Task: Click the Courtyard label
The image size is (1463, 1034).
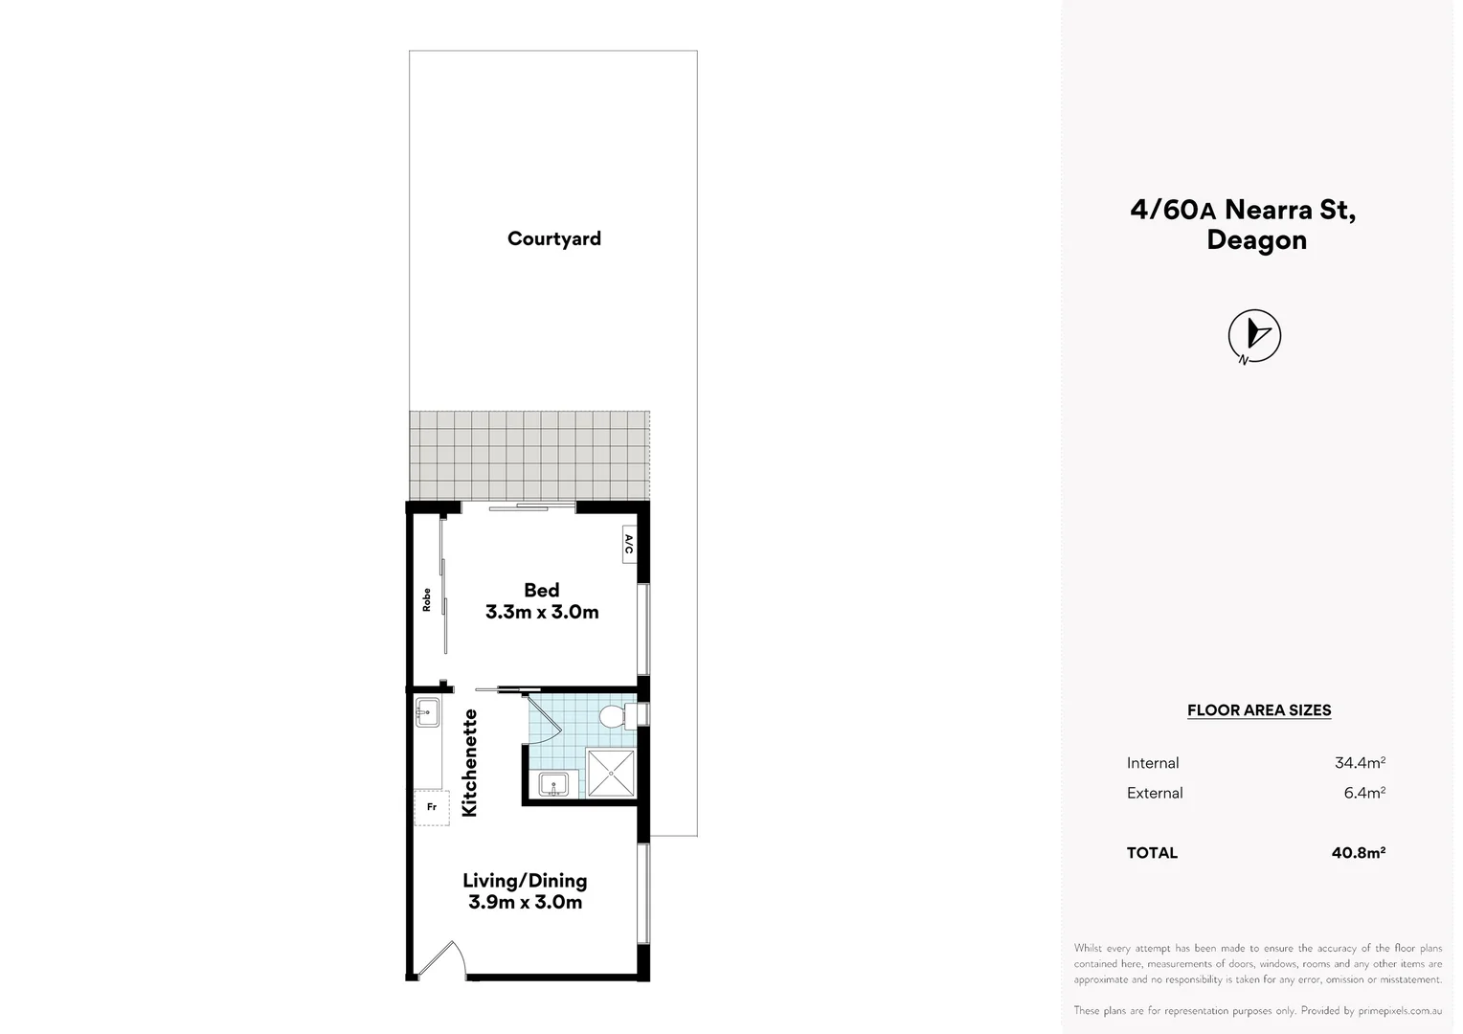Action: [x=553, y=238]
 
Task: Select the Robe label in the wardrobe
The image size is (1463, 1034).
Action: [x=427, y=600]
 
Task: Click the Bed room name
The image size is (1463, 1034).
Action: [x=541, y=590]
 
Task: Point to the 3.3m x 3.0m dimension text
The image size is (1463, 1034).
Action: [x=542, y=612]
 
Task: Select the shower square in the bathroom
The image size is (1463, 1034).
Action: [x=610, y=773]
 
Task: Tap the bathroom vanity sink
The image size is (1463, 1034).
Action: [x=553, y=785]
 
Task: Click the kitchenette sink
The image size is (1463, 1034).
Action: [x=427, y=710]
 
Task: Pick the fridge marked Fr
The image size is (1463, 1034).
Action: [x=431, y=807]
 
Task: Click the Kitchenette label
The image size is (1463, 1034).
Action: [x=469, y=762]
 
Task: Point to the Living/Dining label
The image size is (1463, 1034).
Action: [x=525, y=880]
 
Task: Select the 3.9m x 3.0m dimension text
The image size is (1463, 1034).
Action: [x=525, y=902]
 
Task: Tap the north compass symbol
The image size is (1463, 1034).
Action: [x=1254, y=336]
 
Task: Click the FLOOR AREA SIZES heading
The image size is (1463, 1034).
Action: [x=1259, y=710]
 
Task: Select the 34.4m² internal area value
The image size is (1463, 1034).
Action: [x=1360, y=763]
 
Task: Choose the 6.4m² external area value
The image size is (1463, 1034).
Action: [x=1364, y=793]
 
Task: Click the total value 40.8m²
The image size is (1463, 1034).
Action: [x=1359, y=852]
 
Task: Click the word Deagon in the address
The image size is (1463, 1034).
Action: [x=1256, y=239]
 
